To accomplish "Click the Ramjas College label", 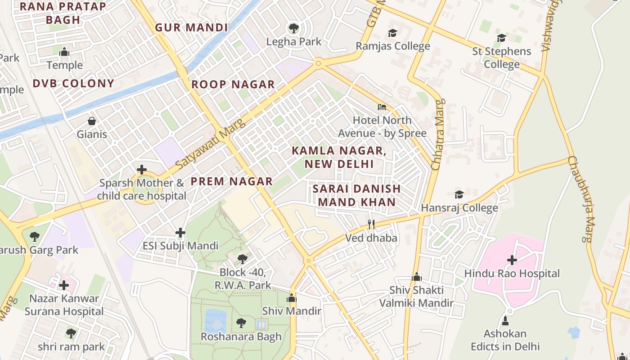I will point(393,46).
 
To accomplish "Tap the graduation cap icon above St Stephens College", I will point(501,38).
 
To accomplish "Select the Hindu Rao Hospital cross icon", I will point(512,260).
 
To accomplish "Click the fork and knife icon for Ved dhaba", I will point(371,225).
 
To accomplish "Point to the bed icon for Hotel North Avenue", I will point(382,107).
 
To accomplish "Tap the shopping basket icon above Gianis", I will point(92,121).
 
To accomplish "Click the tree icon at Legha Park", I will point(294,28).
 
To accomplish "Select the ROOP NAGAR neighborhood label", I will point(233,85).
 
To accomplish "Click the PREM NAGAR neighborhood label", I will point(231,181).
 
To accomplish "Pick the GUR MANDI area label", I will point(192,27).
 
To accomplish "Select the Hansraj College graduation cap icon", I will point(459,194).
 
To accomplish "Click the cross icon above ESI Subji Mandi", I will point(180,233).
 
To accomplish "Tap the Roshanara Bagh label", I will point(241,336).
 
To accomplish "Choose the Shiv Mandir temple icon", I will point(292,298).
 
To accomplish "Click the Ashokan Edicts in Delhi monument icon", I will point(505,321).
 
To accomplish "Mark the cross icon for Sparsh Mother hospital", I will point(142,170).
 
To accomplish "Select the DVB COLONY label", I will point(73,83).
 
